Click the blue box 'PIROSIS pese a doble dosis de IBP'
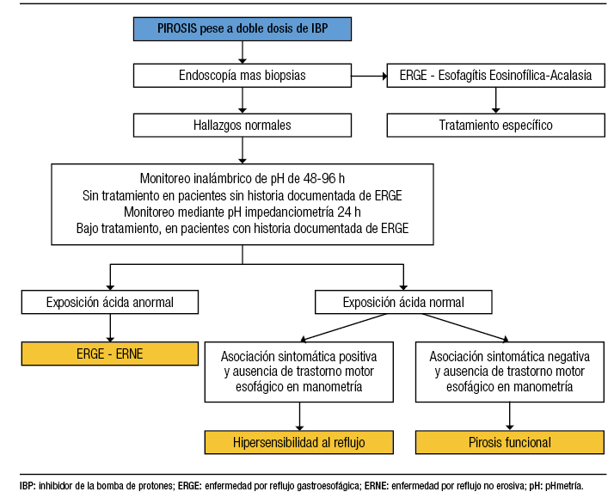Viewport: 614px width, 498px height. pyautogui.click(x=243, y=28)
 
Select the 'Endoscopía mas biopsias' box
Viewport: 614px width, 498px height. pyautogui.click(x=243, y=76)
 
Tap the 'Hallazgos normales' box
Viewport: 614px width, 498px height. pyautogui.click(x=243, y=126)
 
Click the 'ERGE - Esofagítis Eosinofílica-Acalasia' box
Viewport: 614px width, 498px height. pyautogui.click(x=495, y=76)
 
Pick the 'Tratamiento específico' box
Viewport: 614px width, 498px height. pyautogui.click(x=495, y=126)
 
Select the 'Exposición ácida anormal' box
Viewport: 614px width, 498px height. pyautogui.click(x=109, y=302)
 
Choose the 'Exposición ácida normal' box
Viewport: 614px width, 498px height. pyautogui.click(x=403, y=302)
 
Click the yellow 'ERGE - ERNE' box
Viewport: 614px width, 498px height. pyautogui.click(x=109, y=353)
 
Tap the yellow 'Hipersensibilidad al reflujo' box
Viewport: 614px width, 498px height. pyautogui.click(x=299, y=443)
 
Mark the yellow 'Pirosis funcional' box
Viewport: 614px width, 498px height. pyautogui.click(x=510, y=443)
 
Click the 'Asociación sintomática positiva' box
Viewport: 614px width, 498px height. pyautogui.click(x=299, y=372)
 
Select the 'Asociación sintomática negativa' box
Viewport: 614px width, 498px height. pyautogui.click(x=510, y=372)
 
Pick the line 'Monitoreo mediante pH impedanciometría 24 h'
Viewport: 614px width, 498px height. pyautogui.click(x=242, y=212)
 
